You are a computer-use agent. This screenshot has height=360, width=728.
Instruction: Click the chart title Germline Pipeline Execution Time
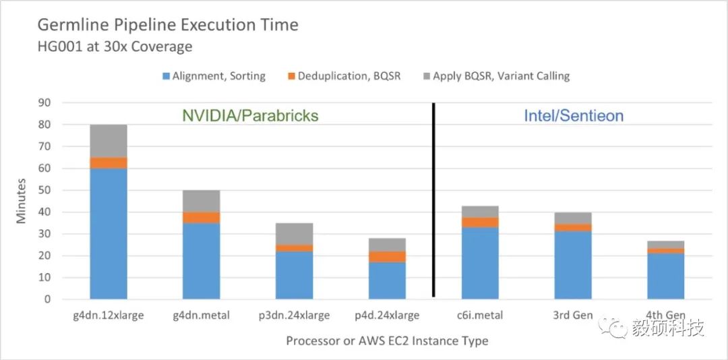point(168,26)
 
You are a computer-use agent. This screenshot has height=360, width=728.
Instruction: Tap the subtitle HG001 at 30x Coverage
point(115,47)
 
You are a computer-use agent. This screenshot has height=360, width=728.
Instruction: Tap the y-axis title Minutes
point(22,200)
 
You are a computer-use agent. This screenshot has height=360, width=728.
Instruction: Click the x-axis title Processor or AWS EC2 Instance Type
point(387,340)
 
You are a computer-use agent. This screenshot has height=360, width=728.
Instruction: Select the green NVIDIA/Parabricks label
point(250,115)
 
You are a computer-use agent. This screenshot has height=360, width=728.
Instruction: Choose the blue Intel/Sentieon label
point(574,115)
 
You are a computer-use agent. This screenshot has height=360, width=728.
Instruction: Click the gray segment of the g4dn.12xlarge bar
point(109,141)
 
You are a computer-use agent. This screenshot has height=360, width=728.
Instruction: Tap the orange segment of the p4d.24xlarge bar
point(388,257)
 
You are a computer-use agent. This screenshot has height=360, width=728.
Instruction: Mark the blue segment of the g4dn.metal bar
point(202,261)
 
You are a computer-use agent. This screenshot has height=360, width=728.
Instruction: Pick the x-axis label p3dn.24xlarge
point(295,315)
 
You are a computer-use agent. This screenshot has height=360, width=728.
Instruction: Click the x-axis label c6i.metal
point(481,315)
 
